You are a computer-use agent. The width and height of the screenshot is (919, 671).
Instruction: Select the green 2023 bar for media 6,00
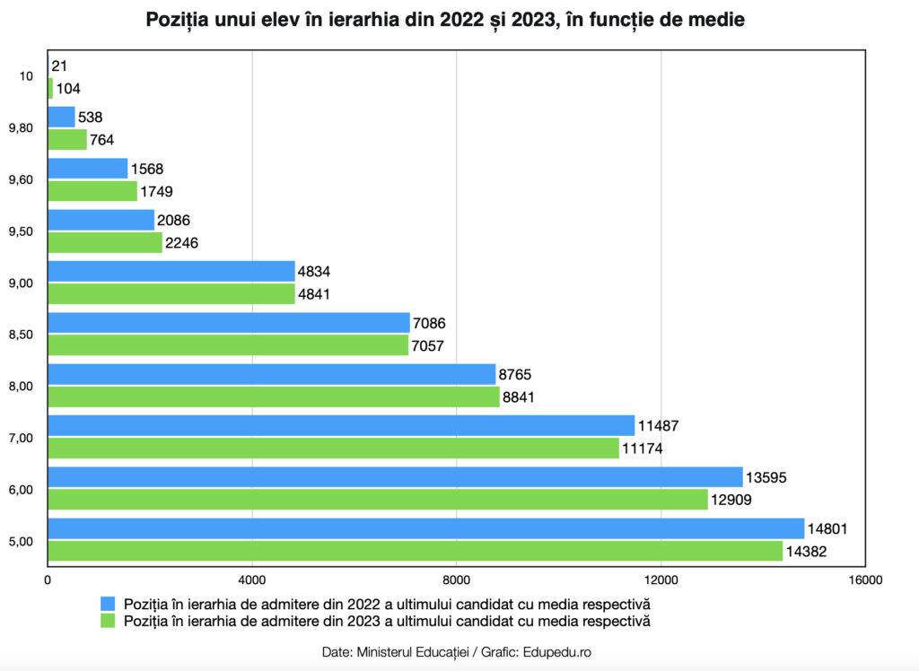pos(377,500)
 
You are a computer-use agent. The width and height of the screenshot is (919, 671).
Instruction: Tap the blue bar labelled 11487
pos(341,425)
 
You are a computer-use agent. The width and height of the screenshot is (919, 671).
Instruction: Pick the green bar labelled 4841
pos(171,293)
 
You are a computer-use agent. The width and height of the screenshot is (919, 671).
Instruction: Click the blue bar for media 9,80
pos(61,117)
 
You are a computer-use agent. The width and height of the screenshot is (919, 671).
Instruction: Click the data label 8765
pos(517,374)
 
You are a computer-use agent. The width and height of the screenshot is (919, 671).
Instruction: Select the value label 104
pos(68,89)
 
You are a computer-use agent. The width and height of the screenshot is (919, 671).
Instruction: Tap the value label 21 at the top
pos(59,65)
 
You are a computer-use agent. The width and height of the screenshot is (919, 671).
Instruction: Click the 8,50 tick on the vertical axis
pos(20,335)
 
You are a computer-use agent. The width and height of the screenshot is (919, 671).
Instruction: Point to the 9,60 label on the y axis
pos(20,179)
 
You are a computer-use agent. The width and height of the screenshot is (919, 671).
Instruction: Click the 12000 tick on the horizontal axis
pos(661,580)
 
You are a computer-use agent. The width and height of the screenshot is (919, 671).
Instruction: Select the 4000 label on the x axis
pos(252,580)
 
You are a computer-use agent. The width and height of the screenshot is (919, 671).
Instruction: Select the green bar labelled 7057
pos(227,344)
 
